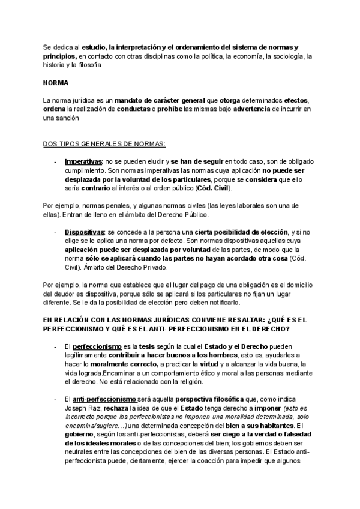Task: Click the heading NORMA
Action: coord(57,83)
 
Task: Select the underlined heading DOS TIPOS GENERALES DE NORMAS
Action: coord(105,144)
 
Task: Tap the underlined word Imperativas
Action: coord(84,162)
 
